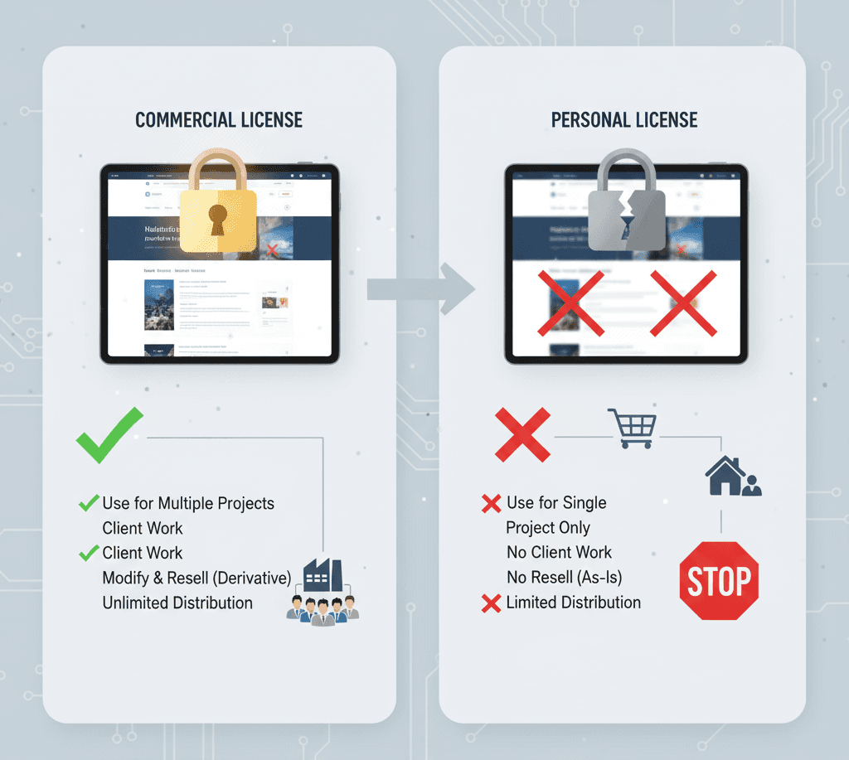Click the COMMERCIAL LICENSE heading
pos(219,120)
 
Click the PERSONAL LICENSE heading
pos(624,120)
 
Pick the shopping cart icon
pos(632,428)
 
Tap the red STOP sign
pos(719,580)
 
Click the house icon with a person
pos(731,477)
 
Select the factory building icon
pos(323,574)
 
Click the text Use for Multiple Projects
pos(187,503)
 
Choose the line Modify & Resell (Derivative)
pos(196,578)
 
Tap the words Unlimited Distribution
pos(177,603)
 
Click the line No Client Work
pos(559,553)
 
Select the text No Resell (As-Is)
pos(564,578)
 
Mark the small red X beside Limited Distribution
pos(491,603)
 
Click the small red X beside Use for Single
pos(491,503)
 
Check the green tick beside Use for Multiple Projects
pos(88,503)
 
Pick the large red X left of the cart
pos(522,434)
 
